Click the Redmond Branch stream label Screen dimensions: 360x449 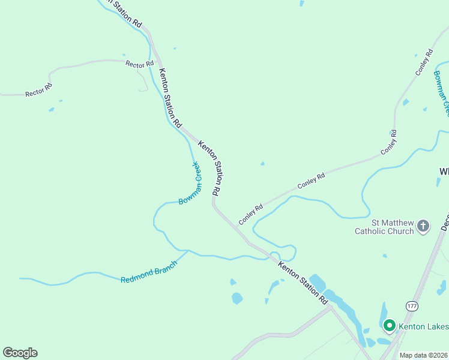(149, 272)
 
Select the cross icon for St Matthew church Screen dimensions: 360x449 (423, 226)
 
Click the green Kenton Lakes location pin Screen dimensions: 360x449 (389, 326)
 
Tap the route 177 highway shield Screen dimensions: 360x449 (412, 306)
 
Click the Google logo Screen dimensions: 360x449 (20, 353)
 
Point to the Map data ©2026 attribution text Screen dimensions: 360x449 (424, 355)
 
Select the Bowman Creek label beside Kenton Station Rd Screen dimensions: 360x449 (189, 184)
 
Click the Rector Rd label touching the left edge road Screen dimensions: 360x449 (38, 90)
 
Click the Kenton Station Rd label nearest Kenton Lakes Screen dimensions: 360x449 (303, 282)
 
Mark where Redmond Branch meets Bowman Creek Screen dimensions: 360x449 (188, 251)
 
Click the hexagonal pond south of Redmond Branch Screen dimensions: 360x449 (237, 298)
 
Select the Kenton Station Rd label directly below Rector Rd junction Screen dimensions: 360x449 (170, 97)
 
